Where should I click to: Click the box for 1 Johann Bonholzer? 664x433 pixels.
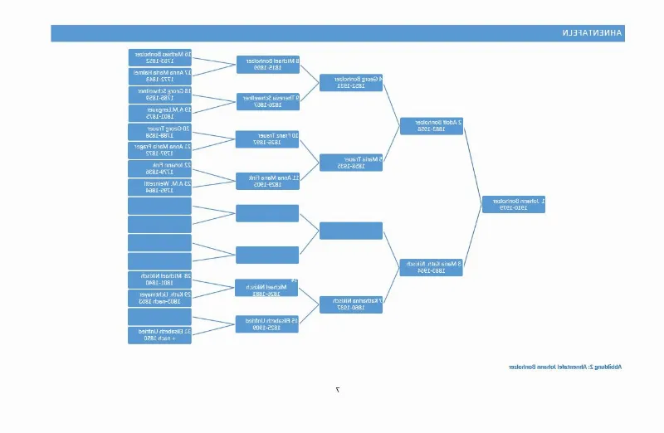pos(514,204)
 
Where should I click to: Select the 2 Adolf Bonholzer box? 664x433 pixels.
pos(431,126)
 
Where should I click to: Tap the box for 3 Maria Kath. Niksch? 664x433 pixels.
pos(431,267)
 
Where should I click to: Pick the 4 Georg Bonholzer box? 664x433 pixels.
pos(351,83)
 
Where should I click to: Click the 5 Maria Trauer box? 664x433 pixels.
pos(351,163)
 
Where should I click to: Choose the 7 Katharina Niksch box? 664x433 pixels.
pos(351,304)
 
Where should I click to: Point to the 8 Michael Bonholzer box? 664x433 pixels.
pos(267,65)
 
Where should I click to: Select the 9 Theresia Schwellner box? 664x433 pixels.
pos(267,102)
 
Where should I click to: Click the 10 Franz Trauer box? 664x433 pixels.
pos(267,139)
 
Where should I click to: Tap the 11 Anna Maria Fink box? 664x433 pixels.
pos(267,181)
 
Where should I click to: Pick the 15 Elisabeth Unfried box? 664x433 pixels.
pos(267,324)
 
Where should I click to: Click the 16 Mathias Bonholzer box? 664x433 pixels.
pos(160,57)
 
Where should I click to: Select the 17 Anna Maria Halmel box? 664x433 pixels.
pos(160,76)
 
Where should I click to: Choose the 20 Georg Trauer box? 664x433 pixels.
pos(160,132)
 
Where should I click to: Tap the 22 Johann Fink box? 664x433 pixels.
pos(160,168)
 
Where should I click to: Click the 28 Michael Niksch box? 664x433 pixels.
pos(160,280)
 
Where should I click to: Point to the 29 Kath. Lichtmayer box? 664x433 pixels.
pos(160,298)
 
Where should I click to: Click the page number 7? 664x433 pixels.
pos(337,389)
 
